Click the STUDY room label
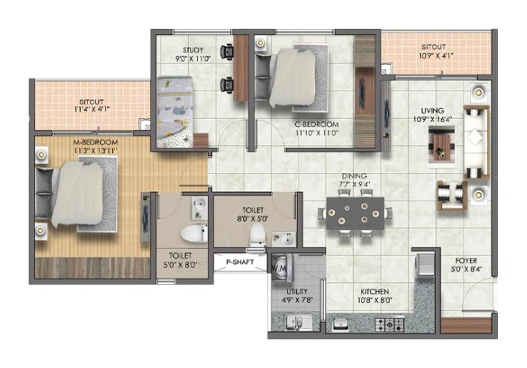click(x=193, y=51)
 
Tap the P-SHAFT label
click(x=240, y=262)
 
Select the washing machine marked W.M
click(x=279, y=267)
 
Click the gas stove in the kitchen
click(x=390, y=324)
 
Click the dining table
click(x=356, y=213)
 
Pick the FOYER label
click(x=466, y=261)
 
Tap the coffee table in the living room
click(x=441, y=145)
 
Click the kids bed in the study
click(x=175, y=112)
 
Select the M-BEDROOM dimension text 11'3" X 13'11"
click(x=95, y=151)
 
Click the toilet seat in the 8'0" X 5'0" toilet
click(x=258, y=234)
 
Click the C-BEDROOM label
click(x=317, y=125)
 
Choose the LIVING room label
click(x=433, y=110)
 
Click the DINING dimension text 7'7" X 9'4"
click(x=354, y=184)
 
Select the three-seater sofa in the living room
click(x=476, y=142)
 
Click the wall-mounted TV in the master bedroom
click(x=145, y=217)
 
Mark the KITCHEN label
click(x=375, y=292)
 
